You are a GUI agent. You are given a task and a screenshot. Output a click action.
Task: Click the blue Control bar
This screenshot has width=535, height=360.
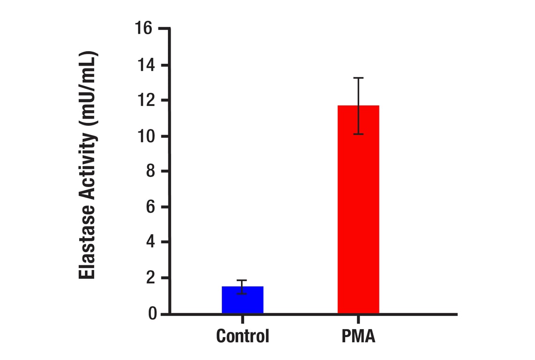click(242, 300)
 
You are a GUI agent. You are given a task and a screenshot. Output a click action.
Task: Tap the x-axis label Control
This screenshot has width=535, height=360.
click(242, 336)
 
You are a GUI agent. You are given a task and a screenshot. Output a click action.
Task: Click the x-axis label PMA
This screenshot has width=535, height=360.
click(358, 336)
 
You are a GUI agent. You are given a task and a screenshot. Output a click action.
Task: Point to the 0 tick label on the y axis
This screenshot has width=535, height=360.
click(152, 314)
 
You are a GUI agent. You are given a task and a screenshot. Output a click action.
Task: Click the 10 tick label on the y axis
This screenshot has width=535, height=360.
click(146, 136)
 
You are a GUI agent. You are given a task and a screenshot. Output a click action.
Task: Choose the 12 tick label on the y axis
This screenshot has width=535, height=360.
click(146, 100)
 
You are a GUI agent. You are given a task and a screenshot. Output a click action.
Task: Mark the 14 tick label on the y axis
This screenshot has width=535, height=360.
click(146, 65)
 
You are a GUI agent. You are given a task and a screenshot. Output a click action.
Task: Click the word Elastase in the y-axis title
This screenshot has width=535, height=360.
click(87, 239)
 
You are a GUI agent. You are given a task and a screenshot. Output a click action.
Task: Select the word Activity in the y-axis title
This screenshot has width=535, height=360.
click(87, 162)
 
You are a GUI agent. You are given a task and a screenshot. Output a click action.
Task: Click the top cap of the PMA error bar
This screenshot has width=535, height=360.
click(358, 78)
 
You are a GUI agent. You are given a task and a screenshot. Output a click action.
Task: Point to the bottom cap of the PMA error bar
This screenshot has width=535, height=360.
click(358, 134)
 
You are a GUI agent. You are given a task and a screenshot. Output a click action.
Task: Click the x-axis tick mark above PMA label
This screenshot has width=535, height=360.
click(358, 319)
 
